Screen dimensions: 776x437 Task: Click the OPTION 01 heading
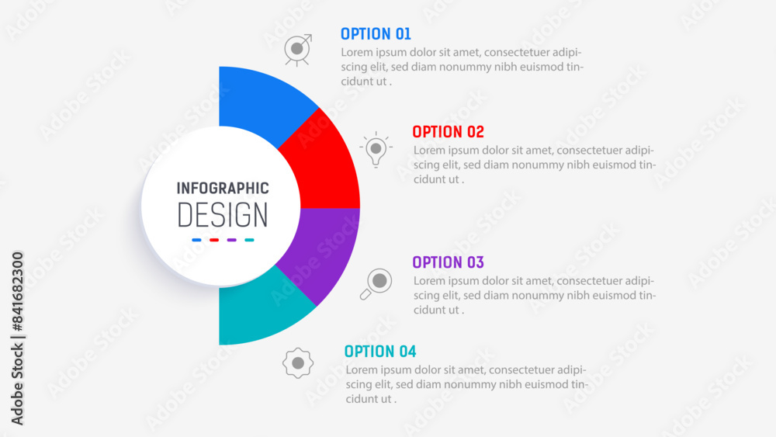[376, 33]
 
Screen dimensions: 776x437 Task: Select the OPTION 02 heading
[448, 132]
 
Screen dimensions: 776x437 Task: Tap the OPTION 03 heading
[448, 262]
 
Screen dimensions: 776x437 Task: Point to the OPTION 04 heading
[380, 352]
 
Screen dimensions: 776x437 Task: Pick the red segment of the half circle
[324, 163]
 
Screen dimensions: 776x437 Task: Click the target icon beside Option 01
[298, 50]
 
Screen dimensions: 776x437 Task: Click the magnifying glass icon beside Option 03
[376, 283]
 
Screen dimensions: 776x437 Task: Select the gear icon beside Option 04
[298, 363]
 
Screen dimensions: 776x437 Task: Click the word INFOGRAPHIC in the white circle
[223, 188]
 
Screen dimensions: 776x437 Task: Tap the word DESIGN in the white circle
[223, 215]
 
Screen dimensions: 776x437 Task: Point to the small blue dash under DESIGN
[196, 240]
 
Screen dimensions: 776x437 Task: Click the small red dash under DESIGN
[214, 240]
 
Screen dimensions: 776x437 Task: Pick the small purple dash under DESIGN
[231, 240]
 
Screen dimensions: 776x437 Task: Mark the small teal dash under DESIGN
[249, 240]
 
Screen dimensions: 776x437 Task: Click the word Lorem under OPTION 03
[429, 281]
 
